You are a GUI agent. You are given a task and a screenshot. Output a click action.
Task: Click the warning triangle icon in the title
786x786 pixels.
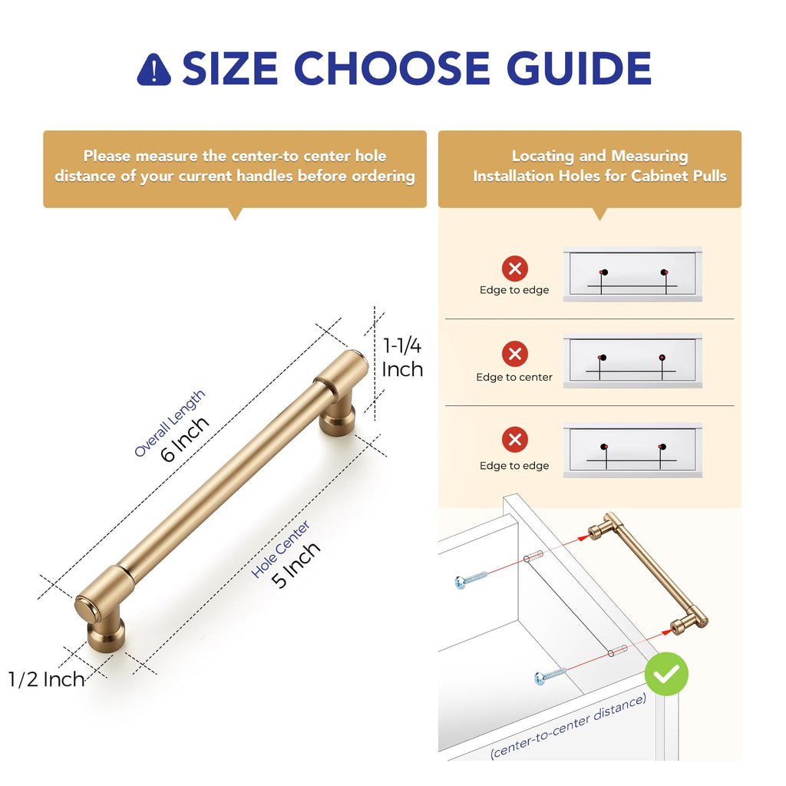pyautogui.click(x=154, y=70)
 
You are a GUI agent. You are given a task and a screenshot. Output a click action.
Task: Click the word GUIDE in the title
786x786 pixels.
pyautogui.click(x=579, y=68)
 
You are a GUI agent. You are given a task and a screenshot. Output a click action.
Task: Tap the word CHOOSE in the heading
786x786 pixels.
pyautogui.click(x=391, y=68)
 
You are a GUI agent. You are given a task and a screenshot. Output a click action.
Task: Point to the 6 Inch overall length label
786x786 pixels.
pyautogui.click(x=184, y=439)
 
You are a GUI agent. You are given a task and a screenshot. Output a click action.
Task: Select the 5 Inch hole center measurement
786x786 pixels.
pyautogui.click(x=296, y=564)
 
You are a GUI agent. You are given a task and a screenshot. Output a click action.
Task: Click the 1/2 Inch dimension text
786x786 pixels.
pyautogui.click(x=46, y=680)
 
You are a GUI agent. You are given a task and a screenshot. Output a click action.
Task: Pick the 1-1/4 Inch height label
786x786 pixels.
pyautogui.click(x=402, y=358)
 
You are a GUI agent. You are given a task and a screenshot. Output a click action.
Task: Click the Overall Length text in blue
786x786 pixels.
pyautogui.click(x=170, y=424)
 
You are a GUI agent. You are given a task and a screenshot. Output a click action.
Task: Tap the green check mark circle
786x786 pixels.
pyautogui.click(x=666, y=674)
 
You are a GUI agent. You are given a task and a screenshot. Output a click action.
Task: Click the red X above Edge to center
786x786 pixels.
pyautogui.click(x=515, y=354)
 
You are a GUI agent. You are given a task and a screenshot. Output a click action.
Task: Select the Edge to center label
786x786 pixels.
pyautogui.click(x=514, y=377)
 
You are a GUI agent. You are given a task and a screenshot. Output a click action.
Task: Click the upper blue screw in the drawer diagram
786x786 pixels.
pyautogui.click(x=471, y=580)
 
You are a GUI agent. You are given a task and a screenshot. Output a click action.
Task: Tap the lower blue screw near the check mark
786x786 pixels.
pyautogui.click(x=550, y=675)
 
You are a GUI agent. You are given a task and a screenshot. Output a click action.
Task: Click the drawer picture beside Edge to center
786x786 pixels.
pyautogui.click(x=632, y=361)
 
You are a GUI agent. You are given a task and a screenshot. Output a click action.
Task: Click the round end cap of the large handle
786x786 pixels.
pyautogui.click(x=86, y=609)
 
